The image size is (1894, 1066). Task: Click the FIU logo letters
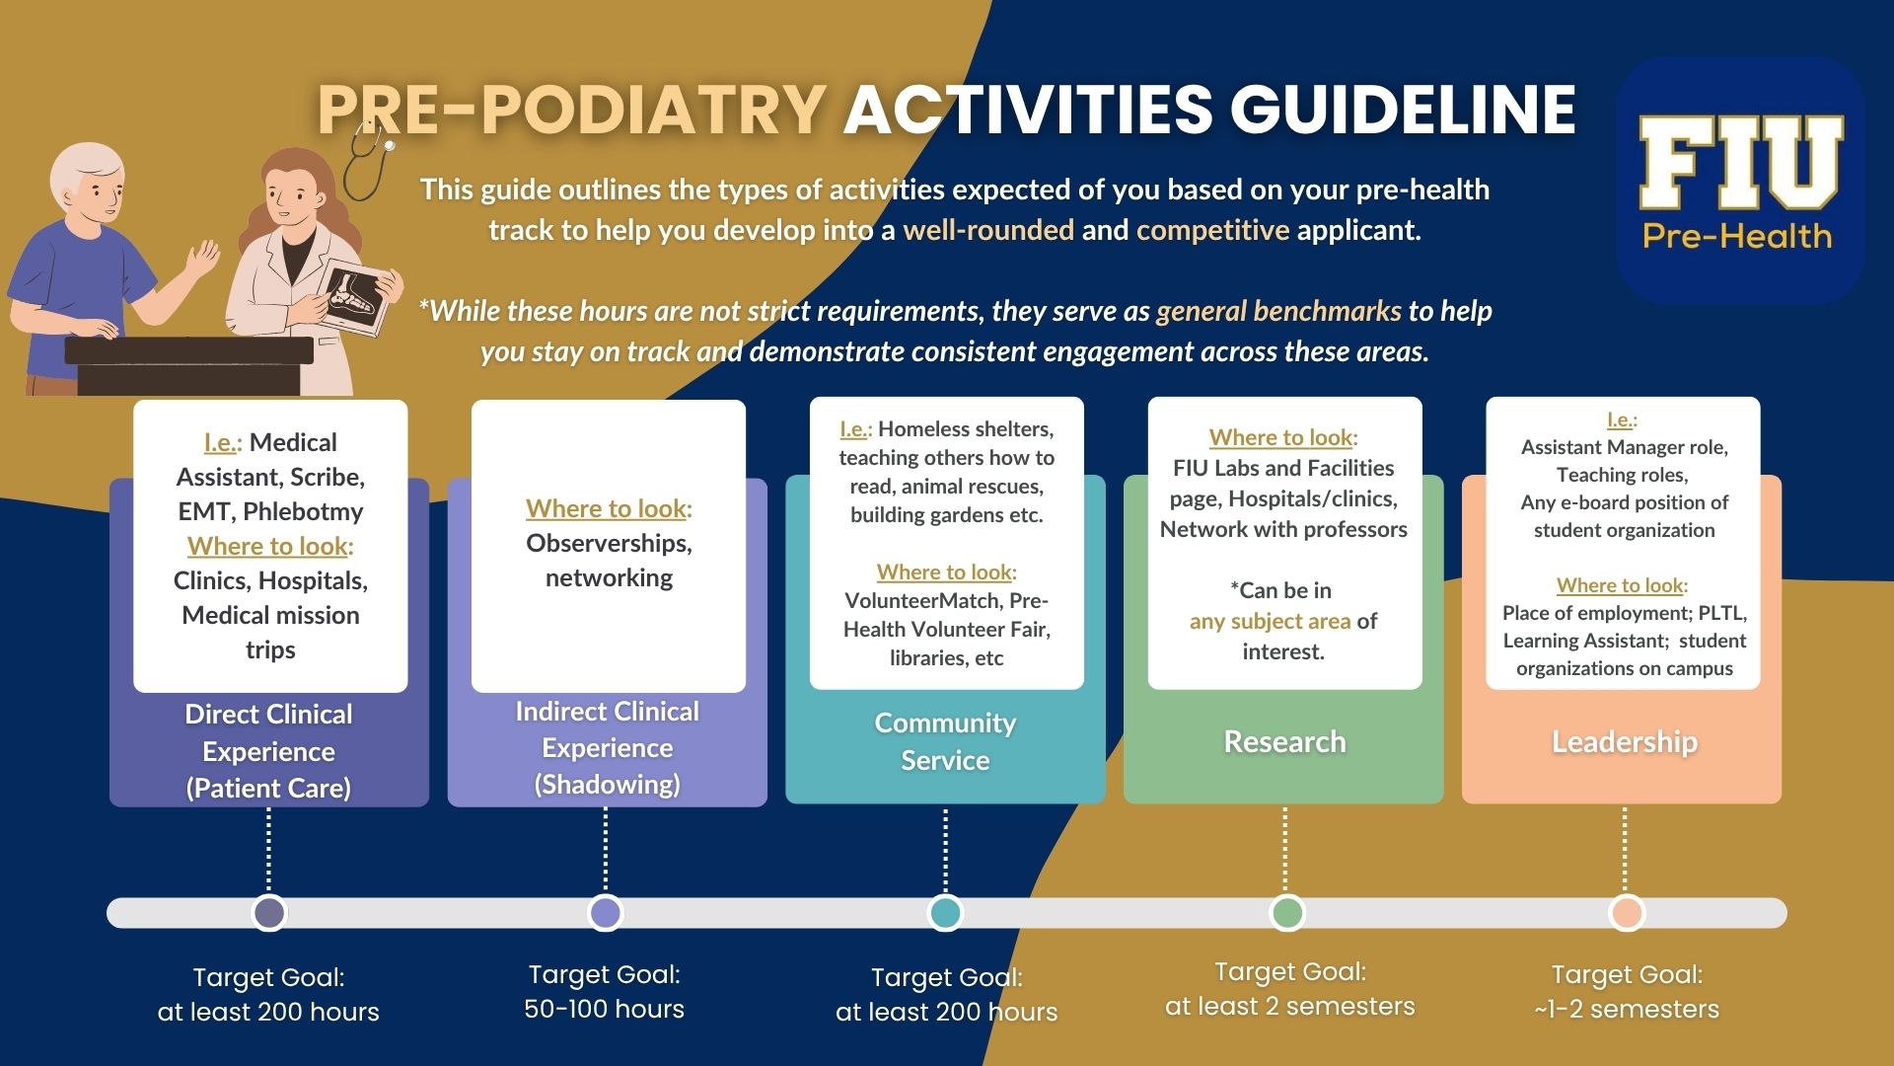tap(1740, 162)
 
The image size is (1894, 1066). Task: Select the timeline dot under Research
tap(1286, 913)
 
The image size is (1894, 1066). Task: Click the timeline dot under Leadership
tap(1626, 913)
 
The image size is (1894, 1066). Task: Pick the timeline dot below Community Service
tap(945, 913)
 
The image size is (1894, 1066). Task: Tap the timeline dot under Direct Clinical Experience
tap(269, 913)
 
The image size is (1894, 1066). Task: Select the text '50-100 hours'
tap(604, 1009)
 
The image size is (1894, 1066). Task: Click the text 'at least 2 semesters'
tap(1289, 1006)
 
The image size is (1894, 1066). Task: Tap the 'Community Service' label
tap(945, 741)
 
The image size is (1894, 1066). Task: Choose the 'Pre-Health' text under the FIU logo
tap(1736, 236)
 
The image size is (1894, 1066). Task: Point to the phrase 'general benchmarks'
tap(1278, 311)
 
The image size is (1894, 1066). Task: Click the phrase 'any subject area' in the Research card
tap(1270, 621)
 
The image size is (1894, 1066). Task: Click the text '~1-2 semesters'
tap(1626, 1009)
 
